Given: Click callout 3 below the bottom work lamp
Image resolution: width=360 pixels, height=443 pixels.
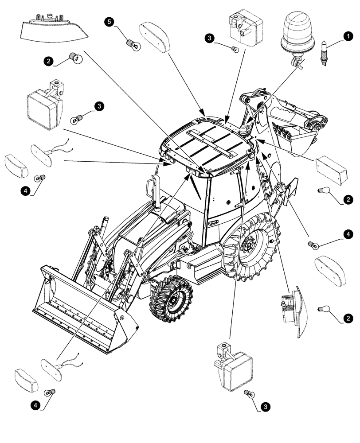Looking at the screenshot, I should point(266,405).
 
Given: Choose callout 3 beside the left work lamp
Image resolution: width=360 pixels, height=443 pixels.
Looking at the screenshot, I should point(98,106).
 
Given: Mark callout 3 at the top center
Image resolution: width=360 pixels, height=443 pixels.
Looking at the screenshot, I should point(210,38).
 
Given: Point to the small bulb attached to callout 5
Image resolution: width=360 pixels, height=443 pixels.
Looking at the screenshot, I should point(131,43).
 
